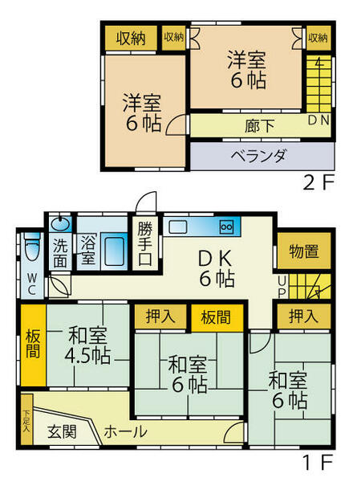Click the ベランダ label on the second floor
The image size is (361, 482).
pos(258,156)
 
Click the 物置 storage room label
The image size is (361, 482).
pos(302,251)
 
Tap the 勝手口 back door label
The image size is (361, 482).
pos(145,243)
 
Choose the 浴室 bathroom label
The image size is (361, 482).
pos(87,251)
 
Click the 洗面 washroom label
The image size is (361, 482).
pos(61,251)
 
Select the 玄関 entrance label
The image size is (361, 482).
pos(61,431)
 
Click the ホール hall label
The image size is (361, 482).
pos(125,431)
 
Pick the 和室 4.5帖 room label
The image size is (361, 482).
pos(88,345)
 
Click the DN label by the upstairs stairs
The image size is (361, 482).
pos(318,120)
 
